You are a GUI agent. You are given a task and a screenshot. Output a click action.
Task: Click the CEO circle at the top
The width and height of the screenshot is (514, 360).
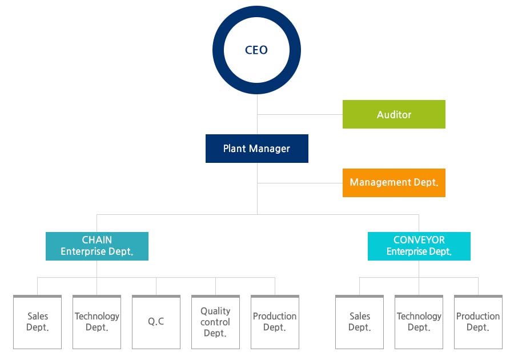[x=256, y=17]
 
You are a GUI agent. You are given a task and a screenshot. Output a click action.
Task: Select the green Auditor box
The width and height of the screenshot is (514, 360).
[x=393, y=114]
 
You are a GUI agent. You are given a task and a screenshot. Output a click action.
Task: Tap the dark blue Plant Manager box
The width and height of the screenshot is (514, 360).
[x=256, y=149]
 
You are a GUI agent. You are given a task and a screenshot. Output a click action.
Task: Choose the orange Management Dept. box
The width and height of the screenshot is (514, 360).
[x=393, y=183]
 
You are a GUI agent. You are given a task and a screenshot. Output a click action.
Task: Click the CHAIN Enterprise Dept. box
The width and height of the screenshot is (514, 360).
[x=97, y=246]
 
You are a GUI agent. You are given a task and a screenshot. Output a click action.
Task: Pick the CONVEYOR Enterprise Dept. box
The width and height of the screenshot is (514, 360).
[x=419, y=246]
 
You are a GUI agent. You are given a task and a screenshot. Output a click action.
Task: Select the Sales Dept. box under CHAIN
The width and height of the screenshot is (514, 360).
[x=37, y=322]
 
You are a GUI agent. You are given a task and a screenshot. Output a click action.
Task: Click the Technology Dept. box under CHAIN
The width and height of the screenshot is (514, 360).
[x=97, y=322]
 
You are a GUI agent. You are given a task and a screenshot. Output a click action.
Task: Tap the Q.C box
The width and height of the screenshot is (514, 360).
[x=156, y=322]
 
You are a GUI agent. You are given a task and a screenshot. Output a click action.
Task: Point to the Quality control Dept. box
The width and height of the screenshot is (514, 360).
[x=215, y=322]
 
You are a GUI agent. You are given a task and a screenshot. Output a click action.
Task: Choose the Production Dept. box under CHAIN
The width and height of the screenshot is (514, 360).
[x=275, y=322]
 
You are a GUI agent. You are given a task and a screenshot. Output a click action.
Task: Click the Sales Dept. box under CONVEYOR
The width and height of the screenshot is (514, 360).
[x=359, y=322]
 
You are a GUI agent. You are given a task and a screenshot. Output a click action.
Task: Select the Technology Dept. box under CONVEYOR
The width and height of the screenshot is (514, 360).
[x=419, y=322]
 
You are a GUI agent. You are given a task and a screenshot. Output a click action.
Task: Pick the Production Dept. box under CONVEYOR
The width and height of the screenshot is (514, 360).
[x=478, y=322]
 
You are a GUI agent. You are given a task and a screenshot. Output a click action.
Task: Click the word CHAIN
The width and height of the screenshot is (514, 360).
[x=97, y=240]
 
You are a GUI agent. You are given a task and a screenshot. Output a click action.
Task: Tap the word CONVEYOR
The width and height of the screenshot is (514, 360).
[x=419, y=240]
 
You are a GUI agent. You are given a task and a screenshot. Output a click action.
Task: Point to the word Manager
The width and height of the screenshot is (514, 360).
[x=270, y=149]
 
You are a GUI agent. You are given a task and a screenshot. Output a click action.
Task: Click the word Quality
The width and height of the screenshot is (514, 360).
[x=215, y=311]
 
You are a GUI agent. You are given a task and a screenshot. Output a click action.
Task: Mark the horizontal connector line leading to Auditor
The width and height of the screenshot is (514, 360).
[x=300, y=115]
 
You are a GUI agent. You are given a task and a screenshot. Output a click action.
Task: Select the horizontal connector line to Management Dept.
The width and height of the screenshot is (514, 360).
[x=300, y=183]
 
